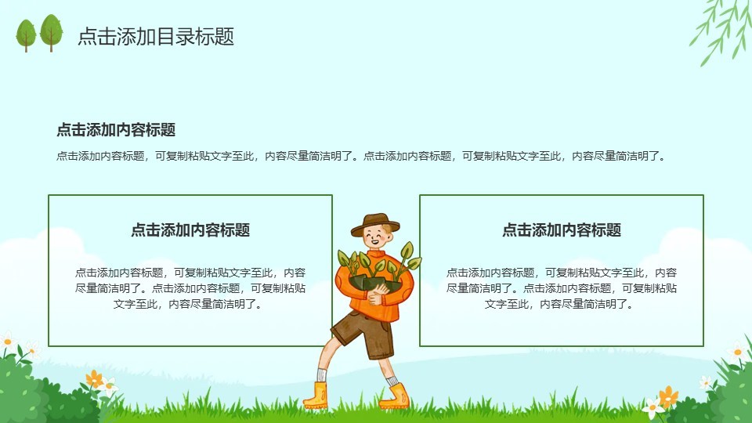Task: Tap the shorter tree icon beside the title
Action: click(26, 35)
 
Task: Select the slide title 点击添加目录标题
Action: click(156, 37)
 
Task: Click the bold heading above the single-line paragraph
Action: click(116, 129)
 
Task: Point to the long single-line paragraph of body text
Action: click(361, 156)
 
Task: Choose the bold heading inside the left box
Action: click(190, 230)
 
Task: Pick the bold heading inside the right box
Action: click(562, 230)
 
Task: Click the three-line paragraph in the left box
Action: click(190, 288)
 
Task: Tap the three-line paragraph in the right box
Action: click(562, 288)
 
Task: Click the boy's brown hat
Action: click(374, 225)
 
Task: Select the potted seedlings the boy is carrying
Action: click(378, 266)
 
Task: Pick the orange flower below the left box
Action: click(94, 379)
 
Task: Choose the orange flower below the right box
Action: click(668, 396)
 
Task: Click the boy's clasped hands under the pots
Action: click(378, 294)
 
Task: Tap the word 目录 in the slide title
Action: click(165, 37)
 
